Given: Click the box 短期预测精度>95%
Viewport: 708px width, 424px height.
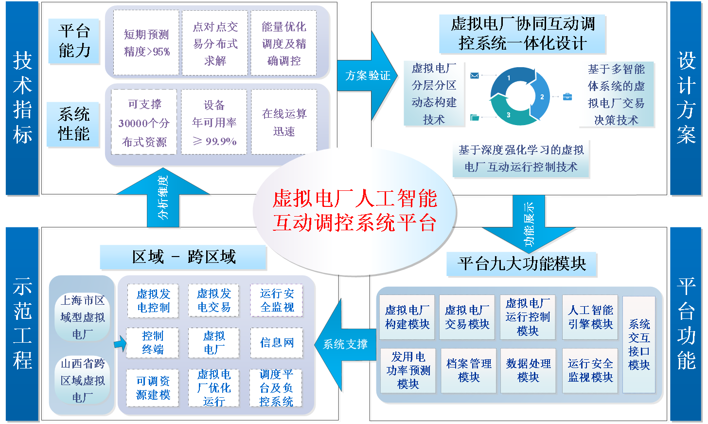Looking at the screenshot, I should tap(146, 43).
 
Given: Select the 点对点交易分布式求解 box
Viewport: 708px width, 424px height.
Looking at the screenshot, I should tap(215, 43).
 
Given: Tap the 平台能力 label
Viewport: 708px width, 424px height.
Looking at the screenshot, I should tap(74, 41).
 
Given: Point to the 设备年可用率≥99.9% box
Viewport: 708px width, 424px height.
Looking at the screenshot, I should tap(214, 123).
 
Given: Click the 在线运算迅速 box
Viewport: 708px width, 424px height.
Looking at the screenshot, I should tap(284, 122).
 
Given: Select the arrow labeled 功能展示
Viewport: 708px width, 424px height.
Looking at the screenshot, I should tap(529, 222).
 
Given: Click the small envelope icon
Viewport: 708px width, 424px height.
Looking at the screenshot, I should tap(475, 75).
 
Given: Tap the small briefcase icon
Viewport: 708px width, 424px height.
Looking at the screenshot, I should tap(567, 96).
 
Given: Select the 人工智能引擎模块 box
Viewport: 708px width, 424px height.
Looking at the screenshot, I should tap(590, 317).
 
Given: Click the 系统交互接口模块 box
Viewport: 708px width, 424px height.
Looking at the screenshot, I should tap(638, 344).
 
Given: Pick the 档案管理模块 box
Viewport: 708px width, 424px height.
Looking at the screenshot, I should tap(469, 370).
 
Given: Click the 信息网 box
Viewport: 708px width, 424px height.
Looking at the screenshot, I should tap(277, 343).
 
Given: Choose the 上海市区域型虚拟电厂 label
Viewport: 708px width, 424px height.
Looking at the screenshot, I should tap(83, 317).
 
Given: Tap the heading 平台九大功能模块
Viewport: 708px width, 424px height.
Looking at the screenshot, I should tap(521, 264).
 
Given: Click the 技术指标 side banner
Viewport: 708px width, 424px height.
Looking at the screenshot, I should tap(22, 98).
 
